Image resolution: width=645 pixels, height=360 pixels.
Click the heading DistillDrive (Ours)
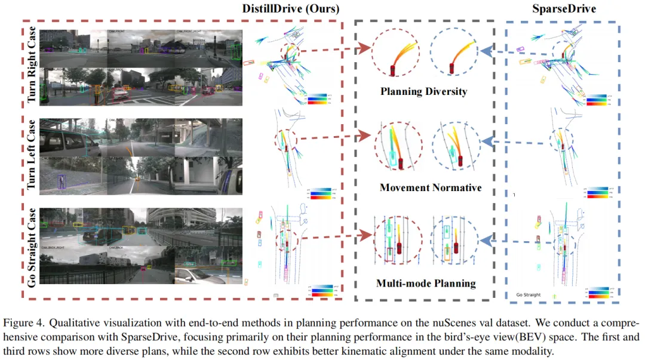[291, 9]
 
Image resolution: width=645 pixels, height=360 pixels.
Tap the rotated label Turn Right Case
[31, 64]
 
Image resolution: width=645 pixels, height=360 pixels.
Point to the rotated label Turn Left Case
[31, 155]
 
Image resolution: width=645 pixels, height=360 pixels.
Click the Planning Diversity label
[424, 92]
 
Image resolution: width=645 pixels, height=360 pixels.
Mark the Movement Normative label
[430, 187]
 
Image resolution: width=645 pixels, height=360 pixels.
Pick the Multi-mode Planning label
[426, 283]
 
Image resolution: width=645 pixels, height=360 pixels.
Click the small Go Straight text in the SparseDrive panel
[528, 295]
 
